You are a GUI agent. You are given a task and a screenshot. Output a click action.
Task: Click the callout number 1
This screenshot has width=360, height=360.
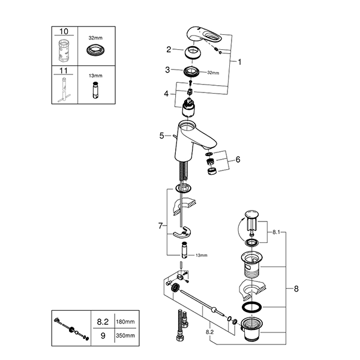click(x=239, y=62)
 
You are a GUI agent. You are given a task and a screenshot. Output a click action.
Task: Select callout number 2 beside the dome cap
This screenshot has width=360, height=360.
click(x=169, y=49)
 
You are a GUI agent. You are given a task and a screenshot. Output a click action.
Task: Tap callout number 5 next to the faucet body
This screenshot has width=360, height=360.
click(x=162, y=136)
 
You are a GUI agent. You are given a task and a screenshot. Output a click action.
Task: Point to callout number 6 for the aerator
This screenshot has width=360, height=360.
click(x=238, y=160)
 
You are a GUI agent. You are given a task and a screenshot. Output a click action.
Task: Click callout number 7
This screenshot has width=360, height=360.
click(x=160, y=226)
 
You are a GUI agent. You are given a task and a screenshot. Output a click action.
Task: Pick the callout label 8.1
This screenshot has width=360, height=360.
click(x=276, y=232)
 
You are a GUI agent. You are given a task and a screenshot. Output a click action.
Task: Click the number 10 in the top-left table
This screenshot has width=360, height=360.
click(x=64, y=31)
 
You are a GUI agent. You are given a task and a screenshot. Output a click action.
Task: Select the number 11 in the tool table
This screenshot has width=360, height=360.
click(x=64, y=70)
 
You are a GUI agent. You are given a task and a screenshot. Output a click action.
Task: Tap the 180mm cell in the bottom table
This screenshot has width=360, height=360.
click(x=125, y=322)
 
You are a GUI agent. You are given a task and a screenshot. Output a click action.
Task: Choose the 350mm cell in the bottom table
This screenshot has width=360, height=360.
click(x=125, y=335)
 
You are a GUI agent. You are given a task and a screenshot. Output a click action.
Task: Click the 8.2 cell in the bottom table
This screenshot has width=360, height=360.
click(x=103, y=322)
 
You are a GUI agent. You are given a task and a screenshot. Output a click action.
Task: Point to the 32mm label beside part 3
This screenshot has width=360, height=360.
click(x=213, y=73)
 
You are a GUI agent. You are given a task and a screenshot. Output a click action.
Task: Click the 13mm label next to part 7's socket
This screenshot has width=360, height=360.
click(x=202, y=255)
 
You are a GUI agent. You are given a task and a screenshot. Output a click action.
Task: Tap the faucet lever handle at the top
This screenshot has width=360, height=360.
click(x=205, y=35)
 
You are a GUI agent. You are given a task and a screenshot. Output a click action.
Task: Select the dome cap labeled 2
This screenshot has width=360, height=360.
click(x=193, y=52)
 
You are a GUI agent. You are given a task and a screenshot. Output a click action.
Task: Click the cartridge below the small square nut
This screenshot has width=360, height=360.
click(x=189, y=107)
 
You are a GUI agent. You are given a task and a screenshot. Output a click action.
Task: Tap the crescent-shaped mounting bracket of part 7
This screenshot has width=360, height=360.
click(x=182, y=233)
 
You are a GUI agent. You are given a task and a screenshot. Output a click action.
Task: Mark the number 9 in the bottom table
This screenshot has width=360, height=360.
click(x=103, y=335)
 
